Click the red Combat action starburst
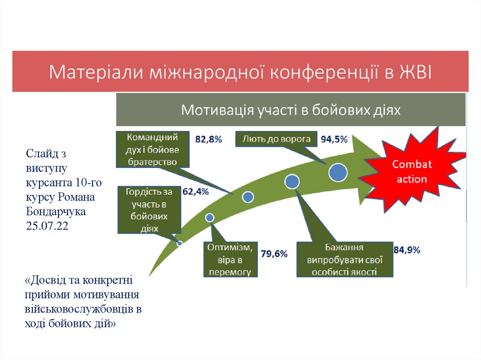(x=409, y=172)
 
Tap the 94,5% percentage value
(x=334, y=139)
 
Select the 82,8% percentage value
(x=209, y=139)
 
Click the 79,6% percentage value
(x=274, y=254)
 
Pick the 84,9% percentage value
(x=407, y=250)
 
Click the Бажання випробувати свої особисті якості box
(x=344, y=260)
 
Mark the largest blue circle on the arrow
(x=338, y=172)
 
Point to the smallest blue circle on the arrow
(x=179, y=243)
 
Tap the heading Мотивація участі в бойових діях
(x=291, y=110)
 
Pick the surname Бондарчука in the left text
(x=56, y=211)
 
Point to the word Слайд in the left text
(x=39, y=153)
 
